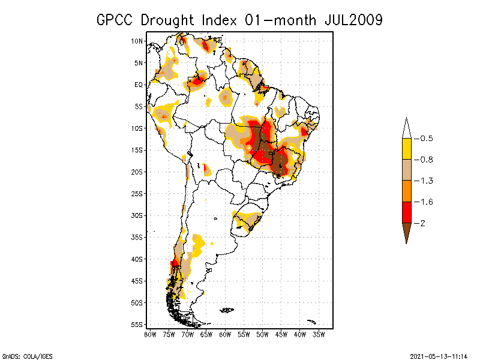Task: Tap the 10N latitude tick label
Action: (137, 41)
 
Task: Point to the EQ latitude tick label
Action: (139, 85)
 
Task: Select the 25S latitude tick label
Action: (137, 193)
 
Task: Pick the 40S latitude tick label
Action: (137, 259)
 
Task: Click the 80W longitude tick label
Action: (151, 334)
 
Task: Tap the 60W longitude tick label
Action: (225, 334)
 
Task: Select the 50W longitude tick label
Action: (262, 334)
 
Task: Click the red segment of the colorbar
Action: (406, 212)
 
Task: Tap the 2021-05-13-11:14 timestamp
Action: (439, 355)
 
